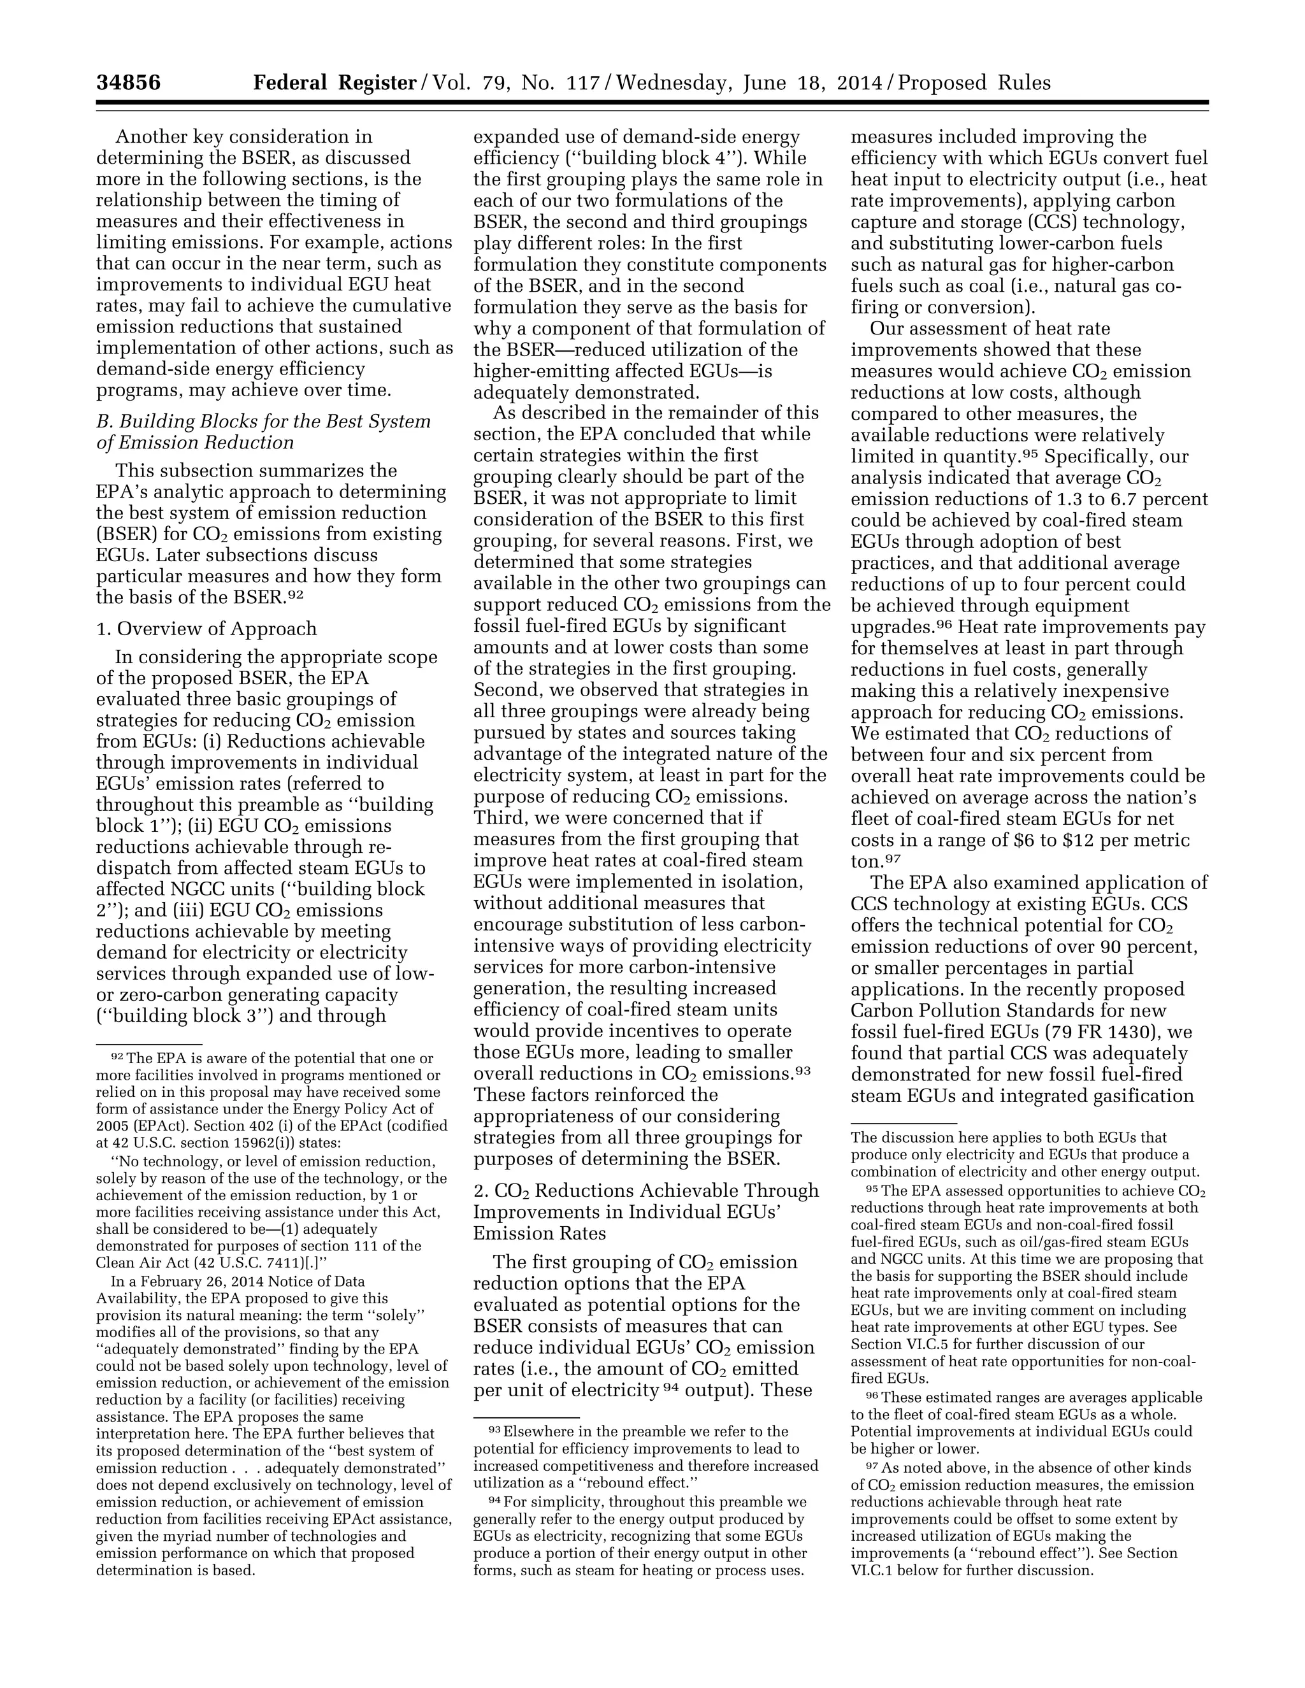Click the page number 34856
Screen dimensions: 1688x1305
tap(128, 83)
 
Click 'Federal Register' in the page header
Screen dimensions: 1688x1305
tap(335, 83)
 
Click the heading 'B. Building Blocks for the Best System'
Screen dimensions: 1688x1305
tap(263, 422)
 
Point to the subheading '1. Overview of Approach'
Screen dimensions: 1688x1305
tap(206, 628)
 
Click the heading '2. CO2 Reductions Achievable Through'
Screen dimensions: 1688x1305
tap(645, 1191)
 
